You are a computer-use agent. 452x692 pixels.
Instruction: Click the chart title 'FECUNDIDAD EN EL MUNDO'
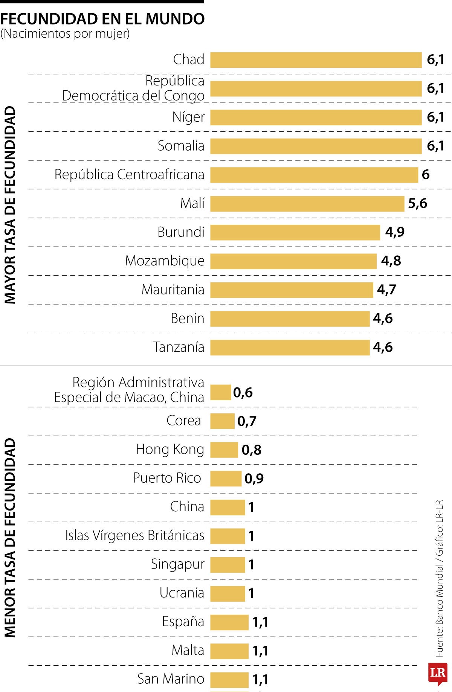(x=102, y=19)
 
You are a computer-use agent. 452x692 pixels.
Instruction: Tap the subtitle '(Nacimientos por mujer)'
(x=65, y=34)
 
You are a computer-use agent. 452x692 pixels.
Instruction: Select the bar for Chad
(x=316, y=60)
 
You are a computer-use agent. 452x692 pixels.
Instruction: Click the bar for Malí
(x=307, y=204)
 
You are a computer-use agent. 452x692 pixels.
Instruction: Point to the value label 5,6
(x=417, y=204)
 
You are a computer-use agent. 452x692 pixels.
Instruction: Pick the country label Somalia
(x=181, y=146)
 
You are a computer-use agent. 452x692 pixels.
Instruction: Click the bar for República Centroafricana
(x=314, y=175)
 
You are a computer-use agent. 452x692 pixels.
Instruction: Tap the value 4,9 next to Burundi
(x=394, y=232)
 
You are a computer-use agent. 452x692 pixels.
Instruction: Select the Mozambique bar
(x=293, y=261)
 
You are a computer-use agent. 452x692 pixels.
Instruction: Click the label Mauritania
(x=173, y=290)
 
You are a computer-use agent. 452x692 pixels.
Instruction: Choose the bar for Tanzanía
(x=290, y=348)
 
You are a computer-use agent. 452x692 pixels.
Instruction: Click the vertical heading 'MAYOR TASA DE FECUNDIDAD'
(x=10, y=205)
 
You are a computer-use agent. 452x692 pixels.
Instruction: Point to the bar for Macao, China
(x=220, y=392)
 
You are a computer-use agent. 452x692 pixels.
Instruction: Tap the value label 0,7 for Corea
(x=247, y=421)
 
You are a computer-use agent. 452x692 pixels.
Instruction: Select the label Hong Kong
(x=170, y=450)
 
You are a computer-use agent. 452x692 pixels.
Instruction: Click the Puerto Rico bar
(x=226, y=479)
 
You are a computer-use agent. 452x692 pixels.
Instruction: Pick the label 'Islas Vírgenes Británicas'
(x=134, y=536)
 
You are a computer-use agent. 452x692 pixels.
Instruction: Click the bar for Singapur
(x=228, y=565)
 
